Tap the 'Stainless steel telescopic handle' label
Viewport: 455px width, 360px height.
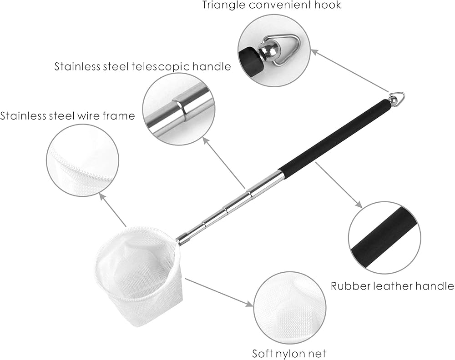[142, 66]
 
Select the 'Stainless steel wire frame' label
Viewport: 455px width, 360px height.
[68, 115]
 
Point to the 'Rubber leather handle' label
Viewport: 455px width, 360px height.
[392, 286]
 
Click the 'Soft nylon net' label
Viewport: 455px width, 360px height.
[289, 353]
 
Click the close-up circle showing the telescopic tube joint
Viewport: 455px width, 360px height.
[178, 109]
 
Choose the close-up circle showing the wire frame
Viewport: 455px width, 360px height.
[82, 160]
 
